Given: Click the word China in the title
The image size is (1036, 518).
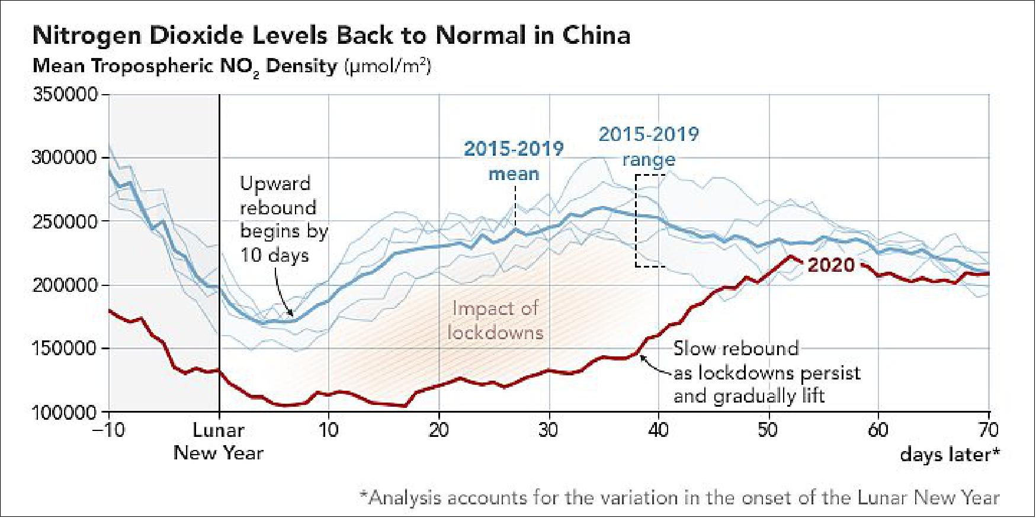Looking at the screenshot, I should pyautogui.click(x=596, y=36).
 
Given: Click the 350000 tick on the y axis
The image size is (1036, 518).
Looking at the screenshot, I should pyautogui.click(x=65, y=95).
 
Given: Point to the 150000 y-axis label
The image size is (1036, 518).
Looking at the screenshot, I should pyautogui.click(x=65, y=349).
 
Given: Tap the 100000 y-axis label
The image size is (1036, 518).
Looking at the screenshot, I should pyautogui.click(x=65, y=413).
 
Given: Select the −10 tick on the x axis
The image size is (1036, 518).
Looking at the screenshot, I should pyautogui.click(x=108, y=430).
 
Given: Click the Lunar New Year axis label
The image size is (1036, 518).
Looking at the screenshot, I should pyautogui.click(x=219, y=442).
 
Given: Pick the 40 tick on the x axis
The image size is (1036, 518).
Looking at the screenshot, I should pyautogui.click(x=658, y=430).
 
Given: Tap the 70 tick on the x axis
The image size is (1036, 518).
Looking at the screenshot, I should pyautogui.click(x=988, y=430).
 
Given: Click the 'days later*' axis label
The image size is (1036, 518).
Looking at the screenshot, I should pyautogui.click(x=950, y=455).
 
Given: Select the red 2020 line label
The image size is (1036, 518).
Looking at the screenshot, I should pyautogui.click(x=831, y=265).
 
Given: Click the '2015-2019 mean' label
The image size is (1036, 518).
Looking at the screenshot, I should pyautogui.click(x=514, y=160).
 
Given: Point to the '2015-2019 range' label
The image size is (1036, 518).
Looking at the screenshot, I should pyautogui.click(x=649, y=147).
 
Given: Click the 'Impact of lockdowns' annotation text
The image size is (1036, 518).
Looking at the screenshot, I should pyautogui.click(x=495, y=320).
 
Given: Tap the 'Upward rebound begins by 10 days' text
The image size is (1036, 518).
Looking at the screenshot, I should pyautogui.click(x=283, y=219).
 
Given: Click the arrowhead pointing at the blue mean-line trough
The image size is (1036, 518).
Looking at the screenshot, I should pyautogui.click(x=291, y=314).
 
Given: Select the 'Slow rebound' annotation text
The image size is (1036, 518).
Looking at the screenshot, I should pyautogui.click(x=736, y=348).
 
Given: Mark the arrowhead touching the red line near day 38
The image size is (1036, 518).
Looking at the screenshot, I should pyautogui.click(x=642, y=356).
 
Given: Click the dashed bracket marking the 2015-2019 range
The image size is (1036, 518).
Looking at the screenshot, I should pyautogui.click(x=637, y=220).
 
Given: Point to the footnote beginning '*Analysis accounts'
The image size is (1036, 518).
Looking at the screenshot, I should pyautogui.click(x=679, y=497).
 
